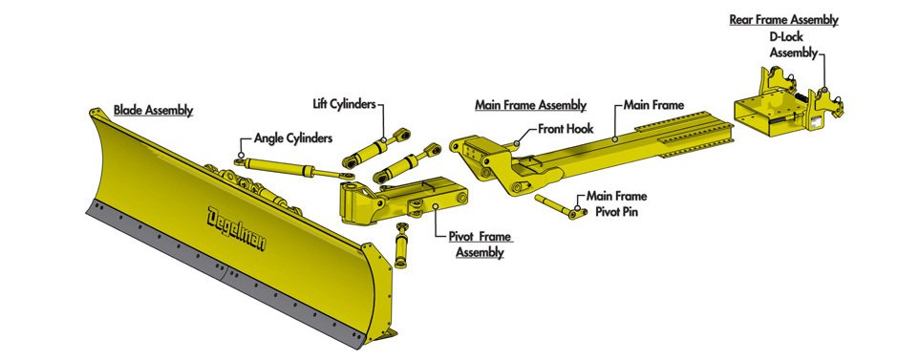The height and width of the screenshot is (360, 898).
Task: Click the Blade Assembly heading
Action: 153,110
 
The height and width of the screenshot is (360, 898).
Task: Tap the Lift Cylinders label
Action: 344,104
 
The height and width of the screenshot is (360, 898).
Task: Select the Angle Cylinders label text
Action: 293,138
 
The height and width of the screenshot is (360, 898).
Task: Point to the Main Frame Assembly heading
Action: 531,105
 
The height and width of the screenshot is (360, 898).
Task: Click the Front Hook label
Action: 566,129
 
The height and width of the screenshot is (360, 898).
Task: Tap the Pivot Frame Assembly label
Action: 480,244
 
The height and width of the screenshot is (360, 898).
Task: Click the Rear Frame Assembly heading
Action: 783,20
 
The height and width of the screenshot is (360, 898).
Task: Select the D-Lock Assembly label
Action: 793,45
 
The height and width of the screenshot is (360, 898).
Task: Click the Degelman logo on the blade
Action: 237,228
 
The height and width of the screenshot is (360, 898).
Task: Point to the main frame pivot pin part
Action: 561,206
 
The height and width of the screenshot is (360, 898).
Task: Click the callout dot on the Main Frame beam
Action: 614,138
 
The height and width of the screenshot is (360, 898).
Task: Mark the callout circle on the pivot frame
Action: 436,206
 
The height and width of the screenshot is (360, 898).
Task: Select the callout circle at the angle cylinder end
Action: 241,155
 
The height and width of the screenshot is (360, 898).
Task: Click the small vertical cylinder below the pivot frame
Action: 401,246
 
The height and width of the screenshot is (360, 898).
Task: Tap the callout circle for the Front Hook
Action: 517,143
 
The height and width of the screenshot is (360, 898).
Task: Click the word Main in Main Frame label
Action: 636,105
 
